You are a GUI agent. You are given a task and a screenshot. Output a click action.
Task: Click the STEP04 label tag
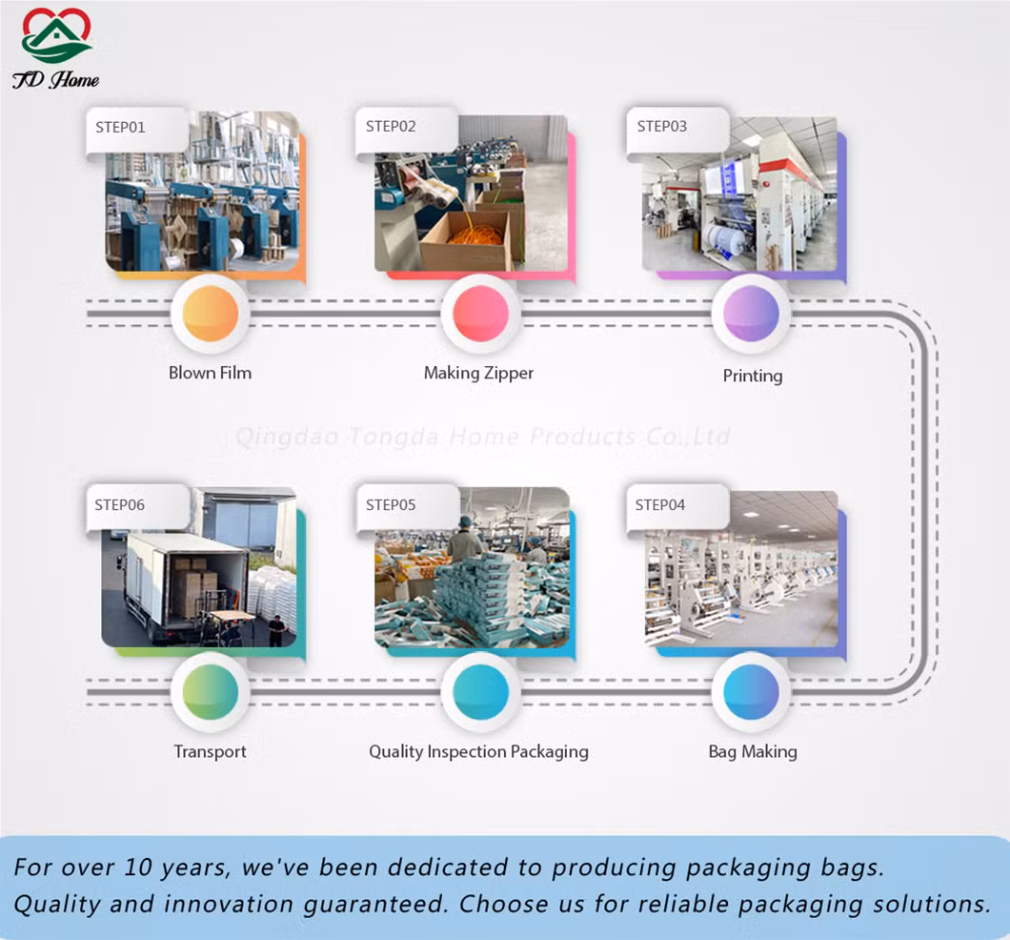click(677, 508)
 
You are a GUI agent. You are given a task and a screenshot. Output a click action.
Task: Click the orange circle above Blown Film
click(211, 314)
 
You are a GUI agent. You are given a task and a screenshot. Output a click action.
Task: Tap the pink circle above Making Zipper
click(480, 314)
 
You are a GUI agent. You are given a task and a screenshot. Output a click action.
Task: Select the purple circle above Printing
click(751, 314)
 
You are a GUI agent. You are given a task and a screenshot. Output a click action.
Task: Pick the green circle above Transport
click(211, 692)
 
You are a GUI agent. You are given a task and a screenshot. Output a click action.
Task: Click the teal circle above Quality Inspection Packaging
click(480, 692)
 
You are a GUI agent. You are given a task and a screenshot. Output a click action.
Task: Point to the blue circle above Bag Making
click(751, 692)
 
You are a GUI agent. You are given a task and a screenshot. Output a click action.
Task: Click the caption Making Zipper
click(478, 373)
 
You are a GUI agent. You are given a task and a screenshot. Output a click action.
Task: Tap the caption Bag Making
click(753, 751)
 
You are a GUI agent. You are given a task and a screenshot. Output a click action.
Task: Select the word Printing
click(753, 376)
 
